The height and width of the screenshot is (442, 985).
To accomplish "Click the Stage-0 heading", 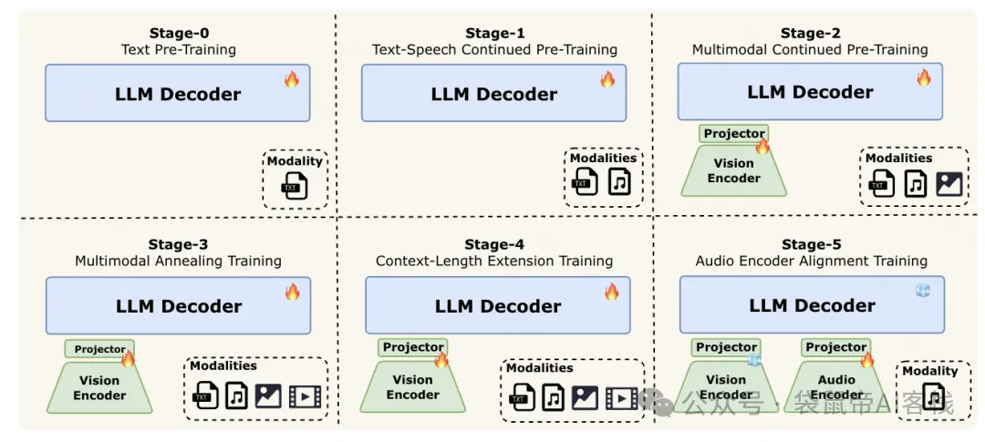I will click(178, 35).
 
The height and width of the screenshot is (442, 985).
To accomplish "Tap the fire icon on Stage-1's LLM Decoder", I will click(607, 79).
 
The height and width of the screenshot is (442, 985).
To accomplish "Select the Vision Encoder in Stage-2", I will click(733, 170).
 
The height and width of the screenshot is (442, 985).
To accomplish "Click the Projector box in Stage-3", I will click(99, 349).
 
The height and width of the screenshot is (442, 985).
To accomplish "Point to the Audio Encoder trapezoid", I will click(836, 387).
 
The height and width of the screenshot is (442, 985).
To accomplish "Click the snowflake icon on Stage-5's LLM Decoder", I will click(923, 291).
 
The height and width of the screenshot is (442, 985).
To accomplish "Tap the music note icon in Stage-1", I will click(620, 183).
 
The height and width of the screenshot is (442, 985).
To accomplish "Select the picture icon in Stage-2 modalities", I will click(949, 184).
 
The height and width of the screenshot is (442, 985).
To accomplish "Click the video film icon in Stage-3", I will click(305, 396).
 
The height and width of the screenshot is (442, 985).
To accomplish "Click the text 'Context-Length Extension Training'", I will click(494, 262).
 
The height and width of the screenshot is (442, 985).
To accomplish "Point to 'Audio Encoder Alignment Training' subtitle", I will click(811, 261).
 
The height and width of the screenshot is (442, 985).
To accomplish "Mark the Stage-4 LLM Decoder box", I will click(497, 306).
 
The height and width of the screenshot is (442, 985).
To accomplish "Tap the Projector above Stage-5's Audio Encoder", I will click(835, 347).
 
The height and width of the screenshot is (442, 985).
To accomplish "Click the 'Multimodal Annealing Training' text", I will click(178, 262).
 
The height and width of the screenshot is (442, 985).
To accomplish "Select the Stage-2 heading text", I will click(810, 35).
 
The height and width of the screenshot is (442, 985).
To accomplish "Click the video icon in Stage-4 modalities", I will click(621, 397).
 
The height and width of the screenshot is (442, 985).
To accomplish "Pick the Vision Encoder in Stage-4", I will click(412, 387).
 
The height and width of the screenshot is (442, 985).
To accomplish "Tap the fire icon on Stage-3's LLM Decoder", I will click(292, 292).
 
